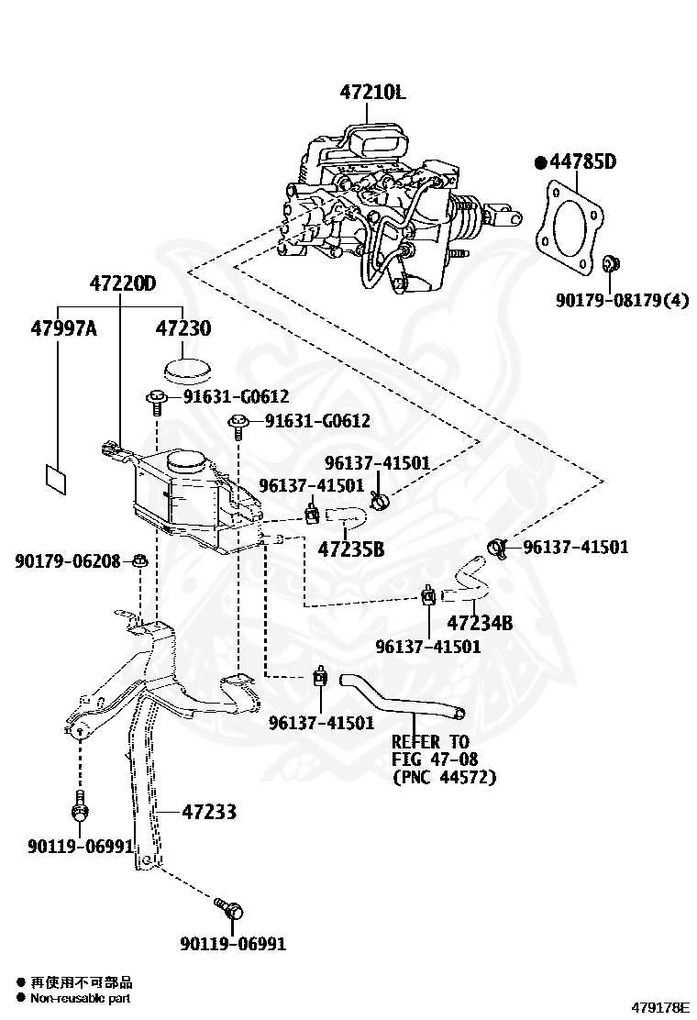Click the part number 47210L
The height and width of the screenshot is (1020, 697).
[372, 93]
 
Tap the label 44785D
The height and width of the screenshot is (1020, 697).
[582, 161]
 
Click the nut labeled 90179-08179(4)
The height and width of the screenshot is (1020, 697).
[611, 264]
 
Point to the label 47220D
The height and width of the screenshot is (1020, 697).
[123, 283]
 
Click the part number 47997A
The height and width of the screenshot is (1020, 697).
[63, 328]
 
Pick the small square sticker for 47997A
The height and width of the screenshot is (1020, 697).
[56, 480]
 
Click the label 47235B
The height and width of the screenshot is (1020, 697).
[351, 549]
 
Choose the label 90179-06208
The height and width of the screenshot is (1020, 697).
[68, 560]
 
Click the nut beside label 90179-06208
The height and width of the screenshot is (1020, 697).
[139, 560]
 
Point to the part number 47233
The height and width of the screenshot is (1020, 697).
[209, 812]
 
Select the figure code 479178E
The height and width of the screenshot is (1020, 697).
[659, 1008]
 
